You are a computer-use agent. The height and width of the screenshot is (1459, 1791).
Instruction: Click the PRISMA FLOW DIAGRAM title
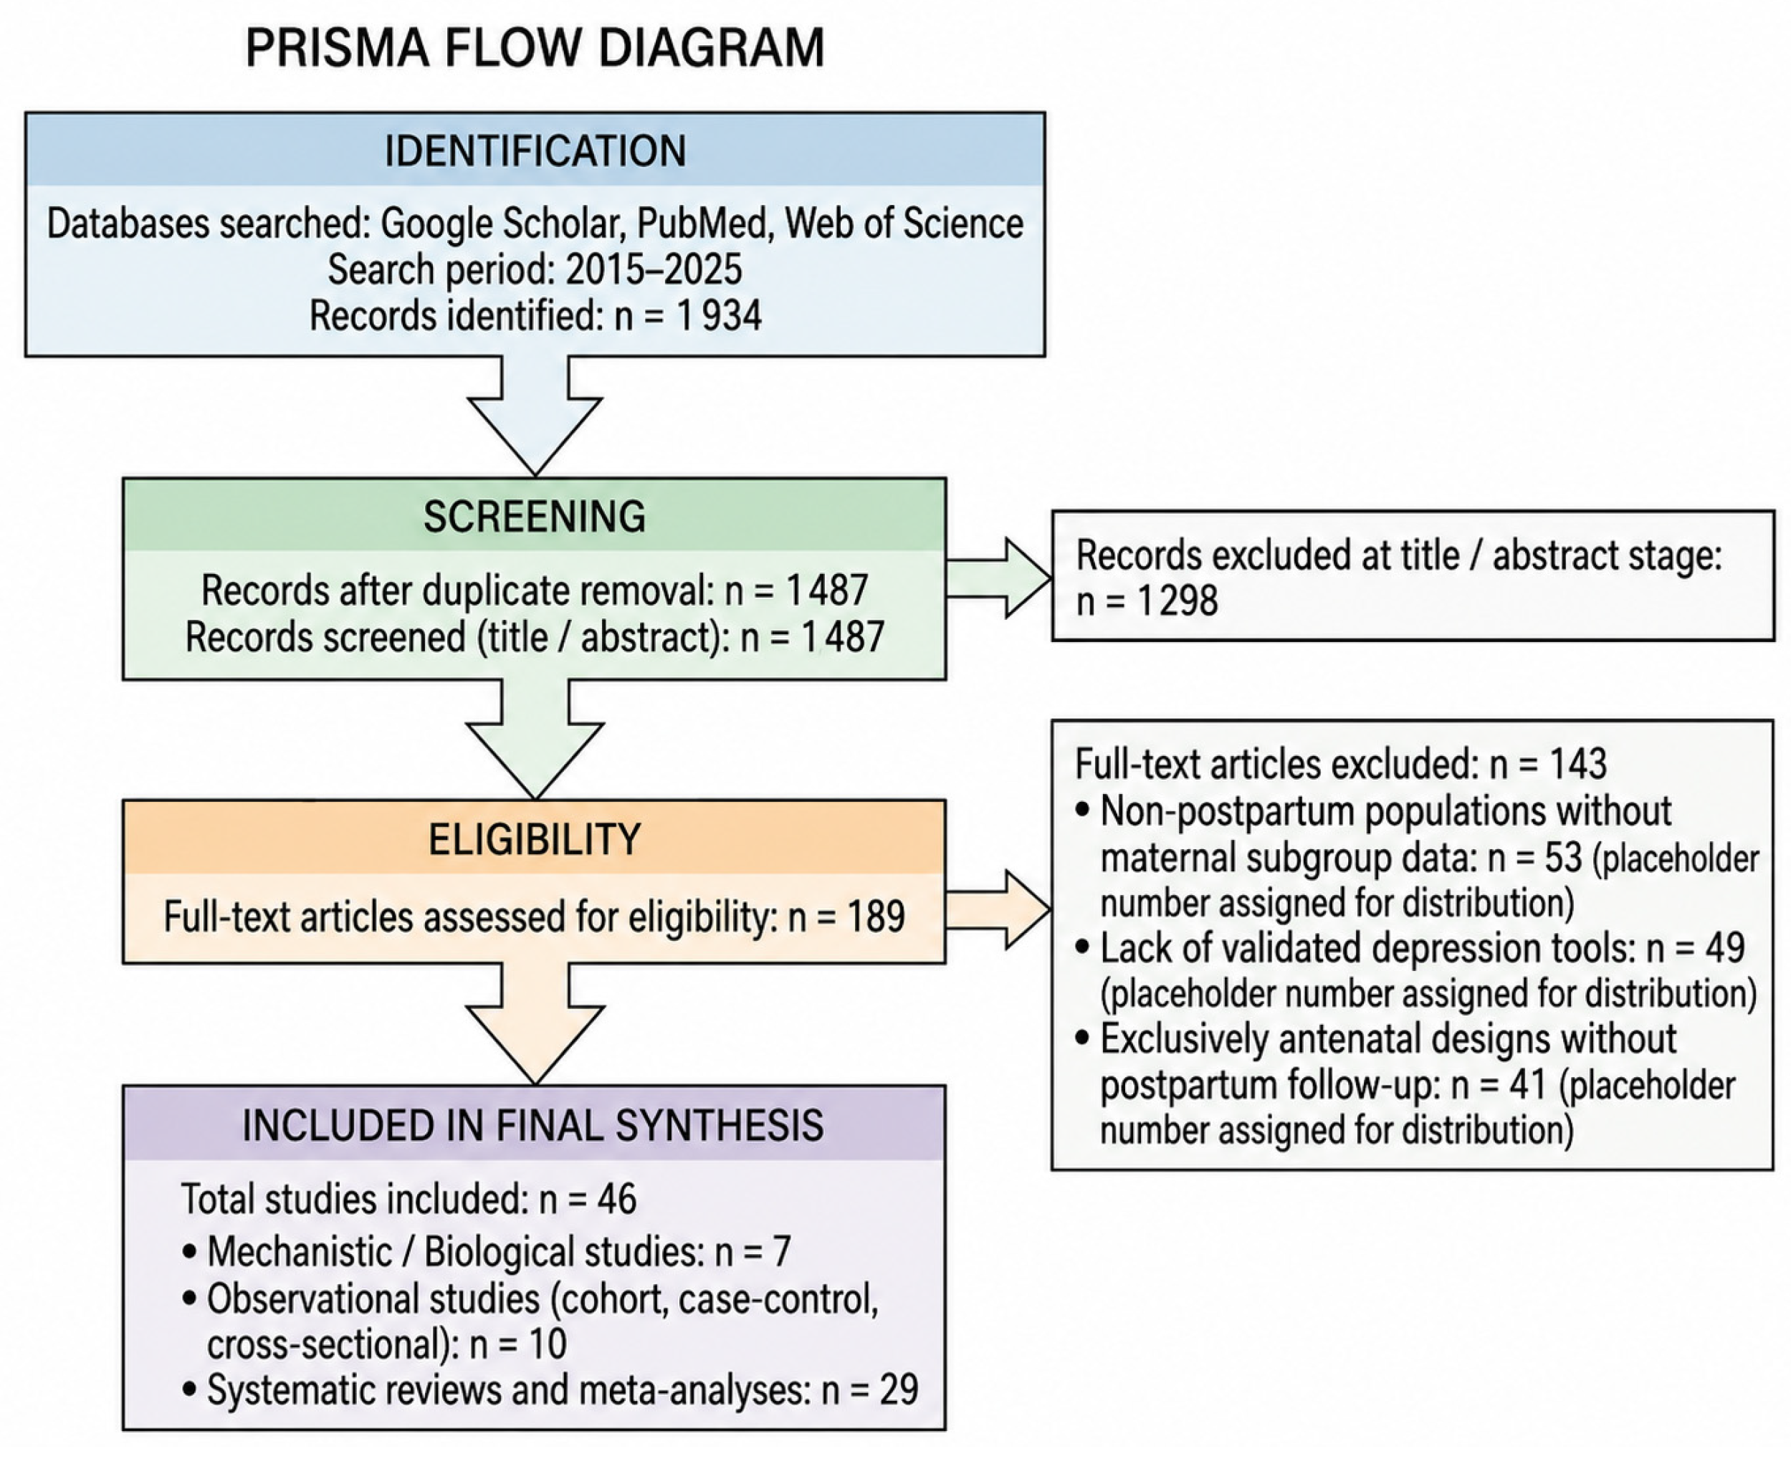coord(535,48)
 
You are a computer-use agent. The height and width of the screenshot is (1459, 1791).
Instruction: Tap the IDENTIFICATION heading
coord(535,151)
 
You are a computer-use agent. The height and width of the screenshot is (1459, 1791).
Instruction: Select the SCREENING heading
coord(535,516)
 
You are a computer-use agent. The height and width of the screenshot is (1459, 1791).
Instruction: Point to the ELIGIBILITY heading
coord(535,838)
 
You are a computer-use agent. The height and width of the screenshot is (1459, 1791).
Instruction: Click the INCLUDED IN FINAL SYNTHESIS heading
coord(532,1125)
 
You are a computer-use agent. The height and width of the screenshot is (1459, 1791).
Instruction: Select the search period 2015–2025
coord(654,269)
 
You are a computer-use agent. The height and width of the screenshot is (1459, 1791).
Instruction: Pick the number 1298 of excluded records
coord(1177,601)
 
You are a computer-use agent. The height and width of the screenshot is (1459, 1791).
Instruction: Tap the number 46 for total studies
coord(617,1198)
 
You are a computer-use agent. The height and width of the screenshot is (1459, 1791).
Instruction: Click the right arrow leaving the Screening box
coord(998,578)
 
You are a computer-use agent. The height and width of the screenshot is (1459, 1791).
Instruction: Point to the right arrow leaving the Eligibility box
coord(998,910)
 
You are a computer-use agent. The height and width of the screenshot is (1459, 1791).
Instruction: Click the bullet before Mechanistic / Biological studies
coord(190,1251)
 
